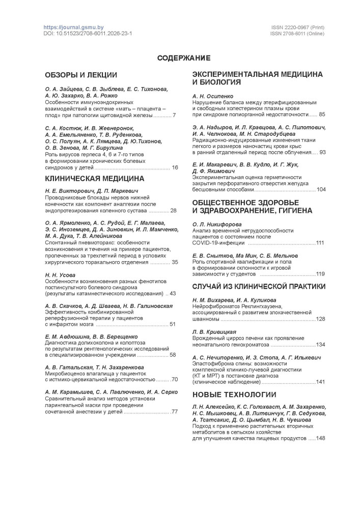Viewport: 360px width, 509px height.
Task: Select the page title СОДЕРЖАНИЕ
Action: pos(180,58)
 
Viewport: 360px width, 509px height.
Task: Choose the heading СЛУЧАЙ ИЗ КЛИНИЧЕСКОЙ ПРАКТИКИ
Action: pos(259,287)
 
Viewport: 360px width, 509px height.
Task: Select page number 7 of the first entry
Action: pos(174,116)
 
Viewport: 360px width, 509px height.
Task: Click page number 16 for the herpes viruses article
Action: pos(175,167)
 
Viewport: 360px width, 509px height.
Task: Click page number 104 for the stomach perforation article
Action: pos(321,189)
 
